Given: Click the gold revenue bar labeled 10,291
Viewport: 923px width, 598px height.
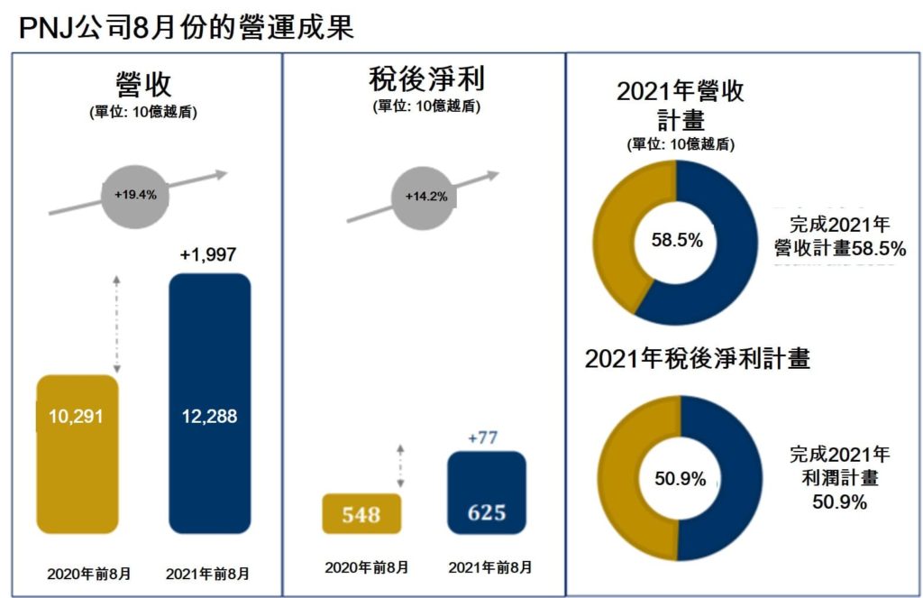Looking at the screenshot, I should pos(78,451).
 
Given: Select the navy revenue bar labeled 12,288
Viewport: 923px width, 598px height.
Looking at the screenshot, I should pos(210,406).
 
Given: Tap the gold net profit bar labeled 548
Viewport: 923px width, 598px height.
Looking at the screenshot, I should pos(361,514).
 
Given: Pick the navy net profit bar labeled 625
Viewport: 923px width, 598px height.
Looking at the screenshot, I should pos(487,494).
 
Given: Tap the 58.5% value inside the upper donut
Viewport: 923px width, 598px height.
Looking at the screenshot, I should pos(677,241).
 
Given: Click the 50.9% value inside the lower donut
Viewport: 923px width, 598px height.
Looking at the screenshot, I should pos(681,479).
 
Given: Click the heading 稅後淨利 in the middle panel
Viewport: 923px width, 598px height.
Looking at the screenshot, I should pos(426,79).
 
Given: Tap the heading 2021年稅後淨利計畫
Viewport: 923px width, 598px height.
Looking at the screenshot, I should pos(698,358).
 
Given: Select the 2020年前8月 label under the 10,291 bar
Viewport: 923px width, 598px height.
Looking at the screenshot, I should pos(89,574).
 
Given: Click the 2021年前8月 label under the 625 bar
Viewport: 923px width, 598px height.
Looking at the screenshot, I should pos(489,567).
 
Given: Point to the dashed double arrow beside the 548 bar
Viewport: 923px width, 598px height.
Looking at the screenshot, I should pos(400,465).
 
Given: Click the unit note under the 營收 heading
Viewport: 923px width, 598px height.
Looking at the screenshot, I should pos(143,113).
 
